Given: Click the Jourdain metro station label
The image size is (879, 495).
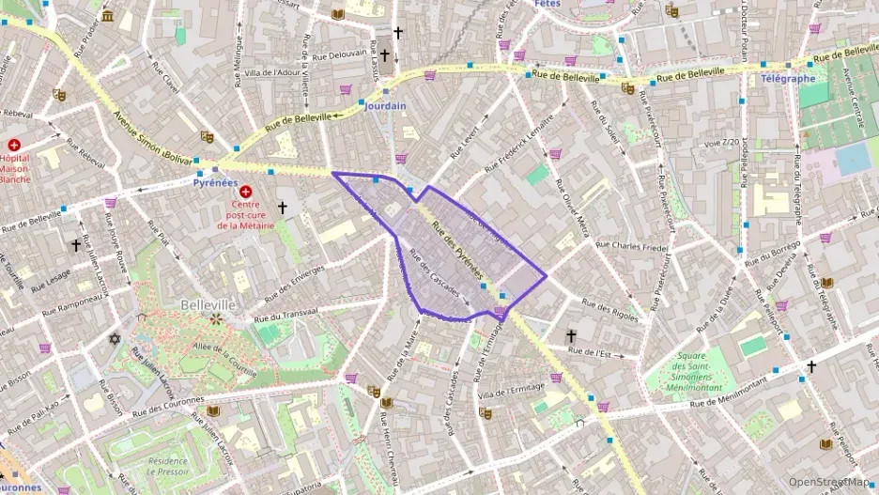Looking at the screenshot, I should point(385,106).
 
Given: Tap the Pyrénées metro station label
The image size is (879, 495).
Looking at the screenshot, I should point(214,183).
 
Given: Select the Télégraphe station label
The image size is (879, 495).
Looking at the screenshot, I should point(788,79).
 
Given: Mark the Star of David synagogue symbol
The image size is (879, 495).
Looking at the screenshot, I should point(116,337).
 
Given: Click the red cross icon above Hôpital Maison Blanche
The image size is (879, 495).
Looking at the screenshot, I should point(15,146).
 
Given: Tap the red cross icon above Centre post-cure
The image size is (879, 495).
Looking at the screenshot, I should point(245,191).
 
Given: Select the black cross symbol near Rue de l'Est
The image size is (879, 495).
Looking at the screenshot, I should point(570,335).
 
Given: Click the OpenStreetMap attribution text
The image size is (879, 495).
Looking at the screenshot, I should point(828,482).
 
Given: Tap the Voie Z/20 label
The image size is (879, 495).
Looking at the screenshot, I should point(720,143).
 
